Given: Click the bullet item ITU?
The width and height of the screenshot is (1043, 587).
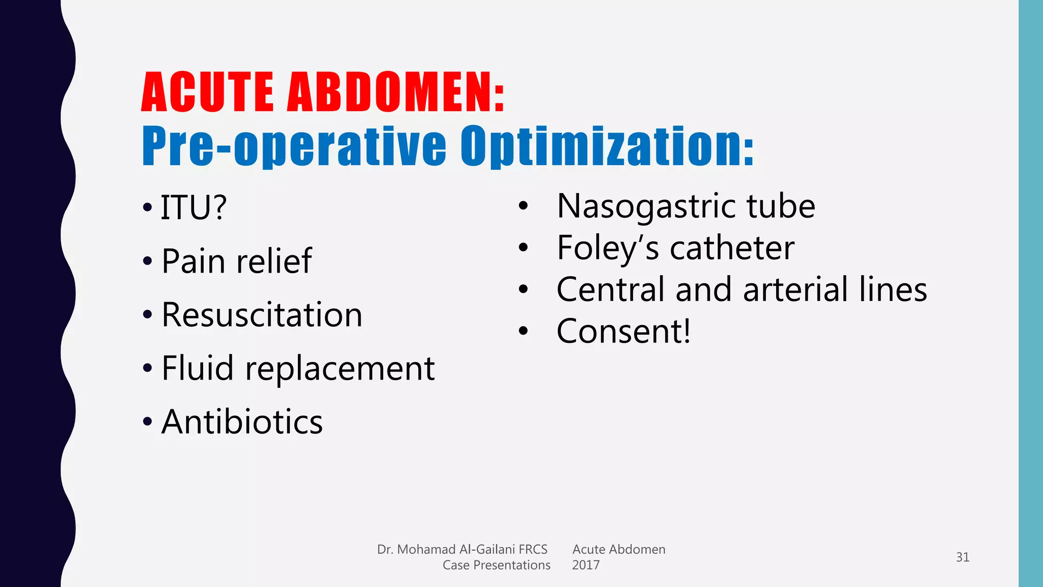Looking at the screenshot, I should (x=194, y=207).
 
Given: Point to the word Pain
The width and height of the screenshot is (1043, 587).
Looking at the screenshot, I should (x=193, y=261).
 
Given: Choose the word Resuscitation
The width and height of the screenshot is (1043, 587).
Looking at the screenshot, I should (x=262, y=314).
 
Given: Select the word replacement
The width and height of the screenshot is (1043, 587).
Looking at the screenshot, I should (x=340, y=369).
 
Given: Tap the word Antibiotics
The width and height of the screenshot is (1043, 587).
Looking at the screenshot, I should (x=242, y=422).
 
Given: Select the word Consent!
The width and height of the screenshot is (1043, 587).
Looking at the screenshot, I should (x=623, y=331).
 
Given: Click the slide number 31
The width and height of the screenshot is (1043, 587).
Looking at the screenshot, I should (x=962, y=557).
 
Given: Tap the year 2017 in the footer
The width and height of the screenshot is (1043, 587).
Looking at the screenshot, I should (x=586, y=565).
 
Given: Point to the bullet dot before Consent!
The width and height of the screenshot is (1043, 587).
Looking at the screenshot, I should (x=523, y=331).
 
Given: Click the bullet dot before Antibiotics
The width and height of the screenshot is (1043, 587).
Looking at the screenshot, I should (x=148, y=421).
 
